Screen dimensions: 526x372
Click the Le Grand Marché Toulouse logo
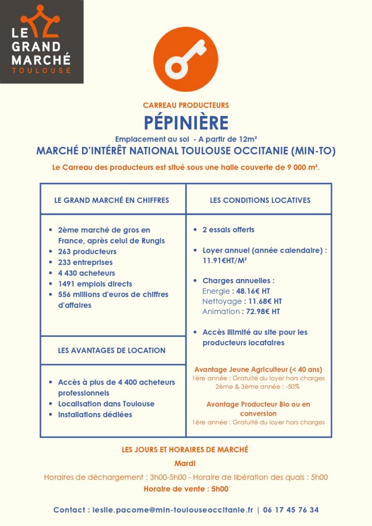[x=42, y=41]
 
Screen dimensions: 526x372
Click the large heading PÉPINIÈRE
[x=185, y=123]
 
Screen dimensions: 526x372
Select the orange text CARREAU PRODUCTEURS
[x=185, y=105]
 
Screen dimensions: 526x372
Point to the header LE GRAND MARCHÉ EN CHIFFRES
[x=111, y=200]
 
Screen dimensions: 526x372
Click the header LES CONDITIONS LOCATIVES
[x=260, y=200]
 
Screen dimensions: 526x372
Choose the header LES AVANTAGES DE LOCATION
[x=111, y=350]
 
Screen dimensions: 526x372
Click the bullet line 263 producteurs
[x=87, y=252]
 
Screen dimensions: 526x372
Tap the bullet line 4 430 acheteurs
[x=86, y=273]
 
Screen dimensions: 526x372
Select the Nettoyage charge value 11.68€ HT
[x=264, y=301]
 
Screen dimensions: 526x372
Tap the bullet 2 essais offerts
[x=228, y=230]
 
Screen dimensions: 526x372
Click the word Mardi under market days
[x=185, y=463]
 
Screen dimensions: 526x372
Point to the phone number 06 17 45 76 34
[x=291, y=510]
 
